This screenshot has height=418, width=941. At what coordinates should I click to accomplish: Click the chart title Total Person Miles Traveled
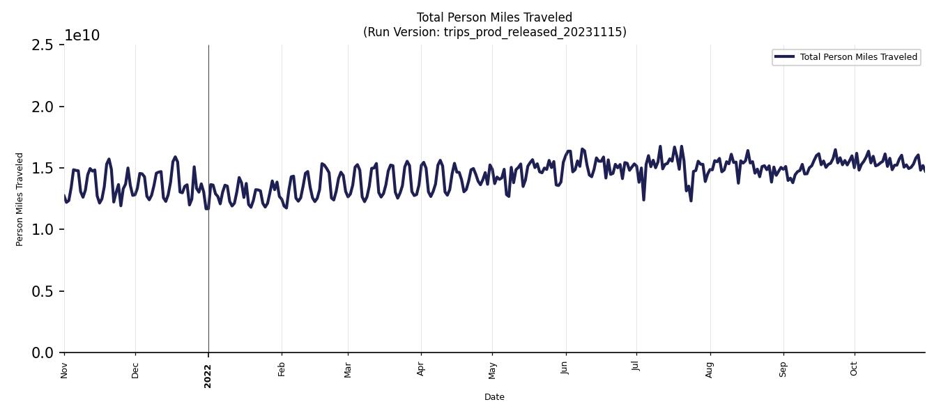[x=494, y=17]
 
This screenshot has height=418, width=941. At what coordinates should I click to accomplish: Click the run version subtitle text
[x=494, y=32]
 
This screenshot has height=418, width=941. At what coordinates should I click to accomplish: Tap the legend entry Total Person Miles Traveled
[x=858, y=57]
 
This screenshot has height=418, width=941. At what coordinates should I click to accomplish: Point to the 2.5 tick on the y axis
[x=43, y=45]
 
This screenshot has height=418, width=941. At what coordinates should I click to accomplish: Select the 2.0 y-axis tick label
[x=43, y=107]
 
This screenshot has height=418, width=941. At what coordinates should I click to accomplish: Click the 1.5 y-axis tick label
[x=43, y=169]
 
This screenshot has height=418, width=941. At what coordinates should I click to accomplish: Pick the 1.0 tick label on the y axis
[x=43, y=230]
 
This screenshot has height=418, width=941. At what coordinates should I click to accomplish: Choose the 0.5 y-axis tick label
[x=43, y=291]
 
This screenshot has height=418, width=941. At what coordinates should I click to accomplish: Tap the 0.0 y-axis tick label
[x=43, y=353]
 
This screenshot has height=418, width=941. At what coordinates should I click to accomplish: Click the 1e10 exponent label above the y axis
[x=82, y=36]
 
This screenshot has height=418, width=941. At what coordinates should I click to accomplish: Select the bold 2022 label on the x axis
[x=208, y=376]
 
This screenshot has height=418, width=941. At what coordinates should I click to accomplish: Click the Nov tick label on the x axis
[x=64, y=370]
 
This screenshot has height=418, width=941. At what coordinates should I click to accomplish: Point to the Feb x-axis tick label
[x=282, y=369]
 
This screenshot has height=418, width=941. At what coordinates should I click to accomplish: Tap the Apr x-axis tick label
[x=420, y=369]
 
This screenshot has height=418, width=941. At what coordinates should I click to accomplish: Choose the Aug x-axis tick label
[x=710, y=369]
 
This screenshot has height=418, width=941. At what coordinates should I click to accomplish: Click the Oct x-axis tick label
[x=854, y=369]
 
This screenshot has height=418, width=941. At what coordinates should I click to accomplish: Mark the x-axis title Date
[x=494, y=397]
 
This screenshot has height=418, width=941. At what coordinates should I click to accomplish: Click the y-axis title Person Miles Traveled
[x=20, y=199]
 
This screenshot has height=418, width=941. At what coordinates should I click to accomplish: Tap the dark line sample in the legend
[x=784, y=57]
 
